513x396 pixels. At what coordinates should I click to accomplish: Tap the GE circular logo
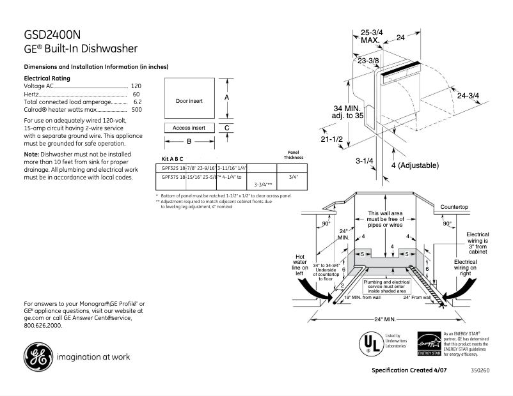[x=37, y=356]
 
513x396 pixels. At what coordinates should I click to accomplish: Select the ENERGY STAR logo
[x=428, y=343]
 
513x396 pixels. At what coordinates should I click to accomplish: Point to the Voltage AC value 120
[x=136, y=86]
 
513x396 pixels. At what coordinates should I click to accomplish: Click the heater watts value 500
[x=136, y=109]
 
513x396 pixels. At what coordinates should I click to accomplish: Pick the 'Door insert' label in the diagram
[x=189, y=101]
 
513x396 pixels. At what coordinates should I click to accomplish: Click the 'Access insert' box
[x=189, y=128]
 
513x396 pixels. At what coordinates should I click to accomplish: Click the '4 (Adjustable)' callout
[x=414, y=165]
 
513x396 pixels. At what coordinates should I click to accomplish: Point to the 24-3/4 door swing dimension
[x=469, y=95]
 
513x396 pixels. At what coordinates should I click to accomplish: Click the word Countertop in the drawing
[x=454, y=208]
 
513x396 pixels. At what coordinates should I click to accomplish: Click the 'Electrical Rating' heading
[x=47, y=78]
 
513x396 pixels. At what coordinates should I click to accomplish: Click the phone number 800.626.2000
[x=43, y=325]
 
